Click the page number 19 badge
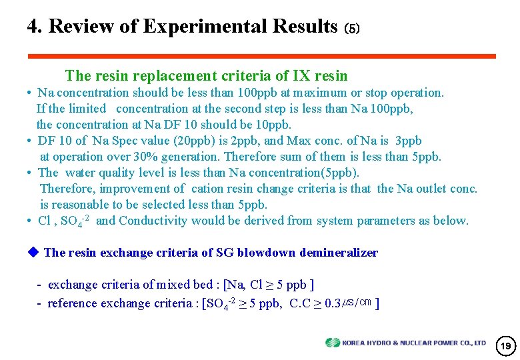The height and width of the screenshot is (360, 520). (x=506, y=346)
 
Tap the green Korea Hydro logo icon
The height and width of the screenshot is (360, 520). (x=332, y=343)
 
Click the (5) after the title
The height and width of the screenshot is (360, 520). (x=351, y=29)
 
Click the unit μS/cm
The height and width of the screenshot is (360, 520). (x=357, y=303)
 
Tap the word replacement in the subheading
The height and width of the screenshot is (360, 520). (x=169, y=76)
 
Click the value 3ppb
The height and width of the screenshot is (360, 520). (x=409, y=141)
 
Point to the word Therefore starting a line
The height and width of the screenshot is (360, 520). (x=69, y=189)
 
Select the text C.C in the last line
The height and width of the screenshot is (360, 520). (x=301, y=303)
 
